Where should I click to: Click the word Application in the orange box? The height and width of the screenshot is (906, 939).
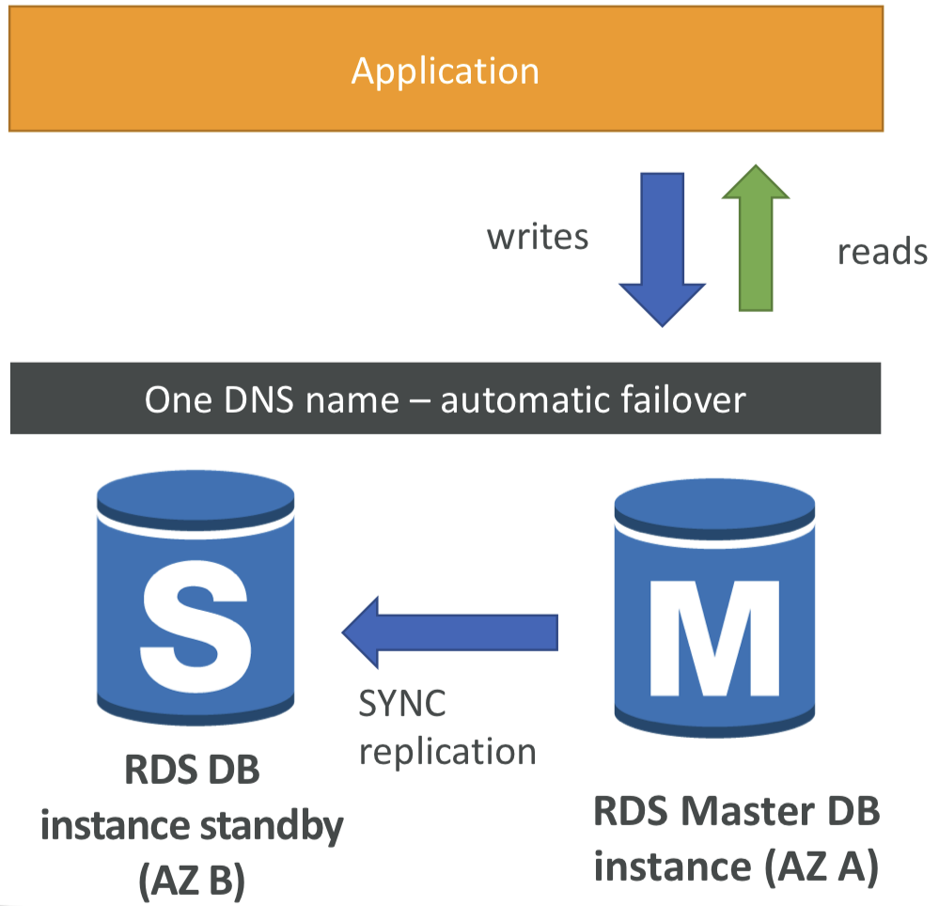point(445,71)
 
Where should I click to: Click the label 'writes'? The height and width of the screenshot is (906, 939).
point(538,237)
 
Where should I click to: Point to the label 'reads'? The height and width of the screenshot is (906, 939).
point(882,252)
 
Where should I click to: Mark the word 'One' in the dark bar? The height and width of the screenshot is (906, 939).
point(172,400)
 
